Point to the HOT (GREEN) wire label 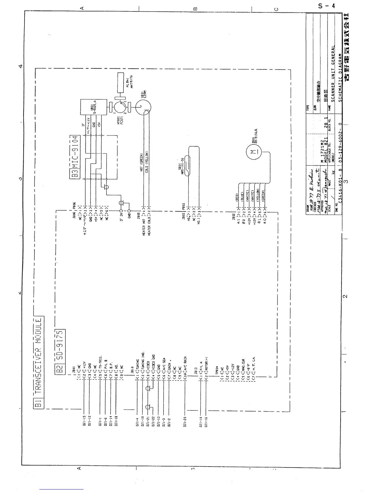(x=141, y=162)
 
